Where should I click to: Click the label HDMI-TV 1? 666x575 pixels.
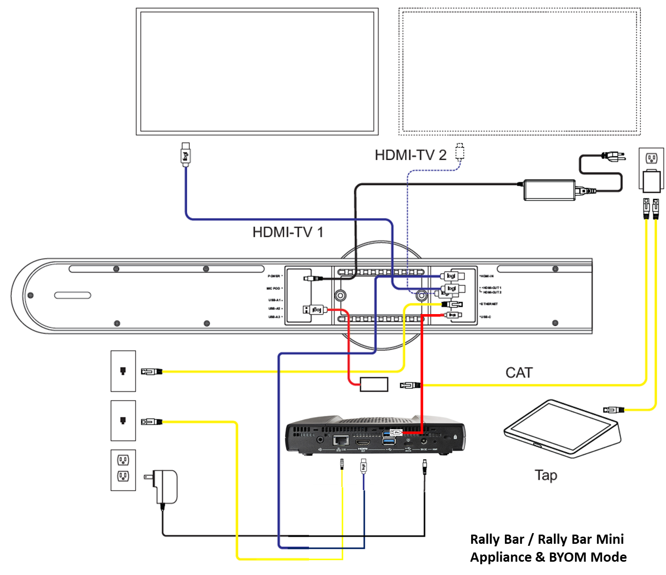(287, 232)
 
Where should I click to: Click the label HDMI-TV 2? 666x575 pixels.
(410, 155)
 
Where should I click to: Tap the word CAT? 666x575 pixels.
(519, 372)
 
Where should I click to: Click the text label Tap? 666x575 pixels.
(546, 475)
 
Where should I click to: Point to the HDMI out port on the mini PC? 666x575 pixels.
(363, 442)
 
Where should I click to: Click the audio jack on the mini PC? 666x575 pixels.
(320, 439)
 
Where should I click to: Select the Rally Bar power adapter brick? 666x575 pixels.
(549, 190)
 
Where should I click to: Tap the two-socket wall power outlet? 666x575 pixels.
(123, 470)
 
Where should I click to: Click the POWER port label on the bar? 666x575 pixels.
(275, 276)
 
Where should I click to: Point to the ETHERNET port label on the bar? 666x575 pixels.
(489, 304)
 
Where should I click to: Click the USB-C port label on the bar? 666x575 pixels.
(485, 317)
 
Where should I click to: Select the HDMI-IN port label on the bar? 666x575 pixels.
(486, 276)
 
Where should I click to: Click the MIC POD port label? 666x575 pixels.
(274, 289)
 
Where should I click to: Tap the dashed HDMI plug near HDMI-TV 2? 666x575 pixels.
(460, 152)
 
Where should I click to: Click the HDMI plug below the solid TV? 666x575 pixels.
(186, 154)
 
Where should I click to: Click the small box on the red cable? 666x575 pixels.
(374, 384)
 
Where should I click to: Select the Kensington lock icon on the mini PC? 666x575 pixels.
(455, 437)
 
